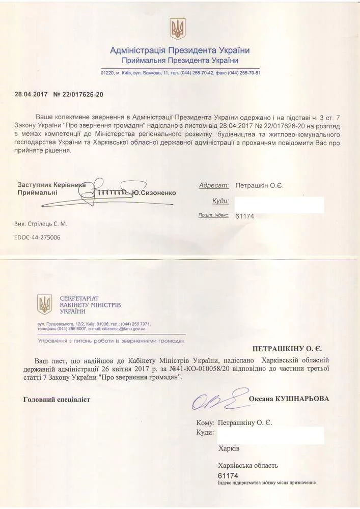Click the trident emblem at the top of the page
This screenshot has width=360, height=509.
coord(178,29)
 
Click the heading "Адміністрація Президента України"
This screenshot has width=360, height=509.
coord(180,50)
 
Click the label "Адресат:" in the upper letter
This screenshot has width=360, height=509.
coord(214,186)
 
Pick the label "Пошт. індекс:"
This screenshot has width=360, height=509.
coord(213,216)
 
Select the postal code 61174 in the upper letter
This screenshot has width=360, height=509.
coord(244,216)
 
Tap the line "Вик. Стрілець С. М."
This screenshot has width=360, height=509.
coord(41,223)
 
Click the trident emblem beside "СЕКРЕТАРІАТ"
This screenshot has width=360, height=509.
coord(45,304)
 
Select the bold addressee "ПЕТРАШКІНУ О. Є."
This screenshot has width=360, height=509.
coord(290,350)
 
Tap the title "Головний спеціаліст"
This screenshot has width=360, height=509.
coord(57,400)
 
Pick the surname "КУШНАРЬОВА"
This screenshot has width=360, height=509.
coord(302,399)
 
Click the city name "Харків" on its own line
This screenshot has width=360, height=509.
coord(228,449)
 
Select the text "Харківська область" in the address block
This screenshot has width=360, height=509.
coord(247,465)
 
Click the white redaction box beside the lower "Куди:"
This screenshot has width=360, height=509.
coord(270,436)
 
